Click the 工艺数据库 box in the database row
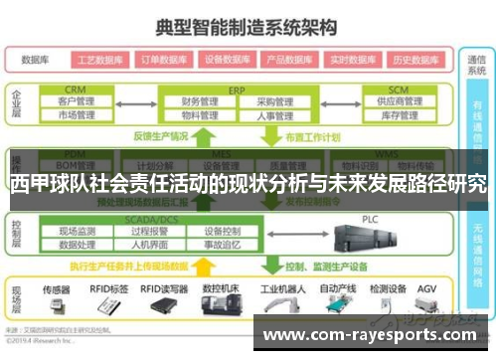98,59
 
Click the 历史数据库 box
415,59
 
